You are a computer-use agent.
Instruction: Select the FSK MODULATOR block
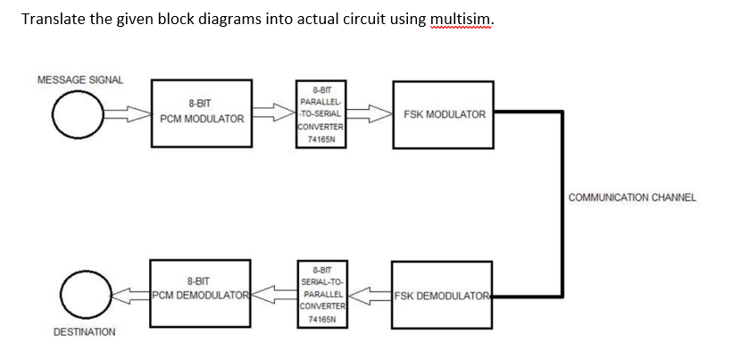[444, 113]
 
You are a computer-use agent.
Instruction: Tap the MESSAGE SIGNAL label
[80, 80]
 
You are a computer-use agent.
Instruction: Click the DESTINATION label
[85, 331]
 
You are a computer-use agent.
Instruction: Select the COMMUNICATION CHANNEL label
[631, 197]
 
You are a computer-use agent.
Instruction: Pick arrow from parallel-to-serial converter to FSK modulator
[368, 113]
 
